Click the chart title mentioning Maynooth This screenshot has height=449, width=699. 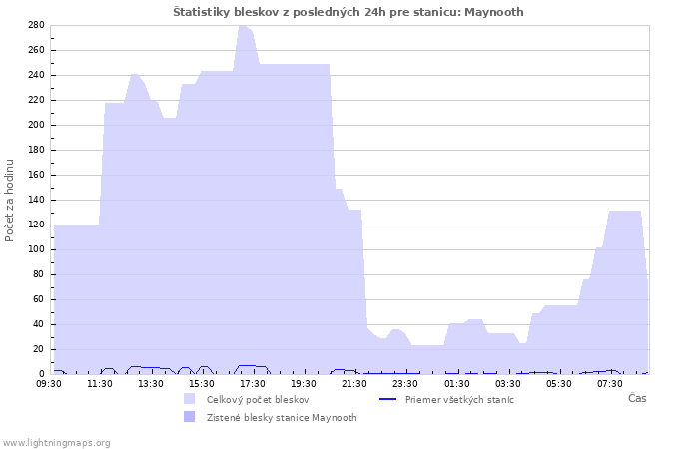(x=349, y=12)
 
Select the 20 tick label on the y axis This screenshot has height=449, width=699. (x=40, y=349)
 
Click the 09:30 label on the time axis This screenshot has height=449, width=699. (x=49, y=384)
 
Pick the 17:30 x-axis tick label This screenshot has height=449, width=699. (x=253, y=384)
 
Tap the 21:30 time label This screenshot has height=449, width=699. (x=354, y=384)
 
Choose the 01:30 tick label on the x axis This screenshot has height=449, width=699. (x=457, y=384)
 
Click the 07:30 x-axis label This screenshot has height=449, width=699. (x=610, y=384)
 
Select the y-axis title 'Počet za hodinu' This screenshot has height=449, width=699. (x=9, y=201)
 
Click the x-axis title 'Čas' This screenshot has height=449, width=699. (x=637, y=398)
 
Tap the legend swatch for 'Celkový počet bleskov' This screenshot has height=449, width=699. (x=189, y=399)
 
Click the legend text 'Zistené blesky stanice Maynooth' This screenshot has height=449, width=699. (x=282, y=418)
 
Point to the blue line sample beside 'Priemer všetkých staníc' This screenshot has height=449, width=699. (x=387, y=399)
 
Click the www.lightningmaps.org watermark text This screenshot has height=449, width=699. (x=56, y=443)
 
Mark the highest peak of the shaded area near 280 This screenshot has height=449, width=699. (x=242, y=25)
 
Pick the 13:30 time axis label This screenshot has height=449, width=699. (x=151, y=384)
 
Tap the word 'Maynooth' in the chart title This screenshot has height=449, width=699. (x=494, y=12)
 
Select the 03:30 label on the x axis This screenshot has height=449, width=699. (x=507, y=384)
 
